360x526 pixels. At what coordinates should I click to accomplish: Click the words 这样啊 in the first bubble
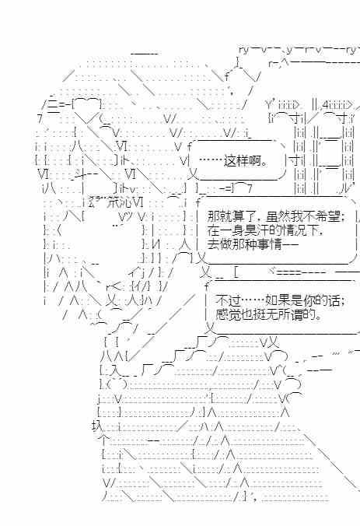coord(242,161)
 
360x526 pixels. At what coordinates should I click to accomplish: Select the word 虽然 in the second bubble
coord(278,216)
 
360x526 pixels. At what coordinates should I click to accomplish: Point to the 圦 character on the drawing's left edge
coord(96,426)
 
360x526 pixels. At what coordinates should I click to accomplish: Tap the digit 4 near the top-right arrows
coord(326,105)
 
